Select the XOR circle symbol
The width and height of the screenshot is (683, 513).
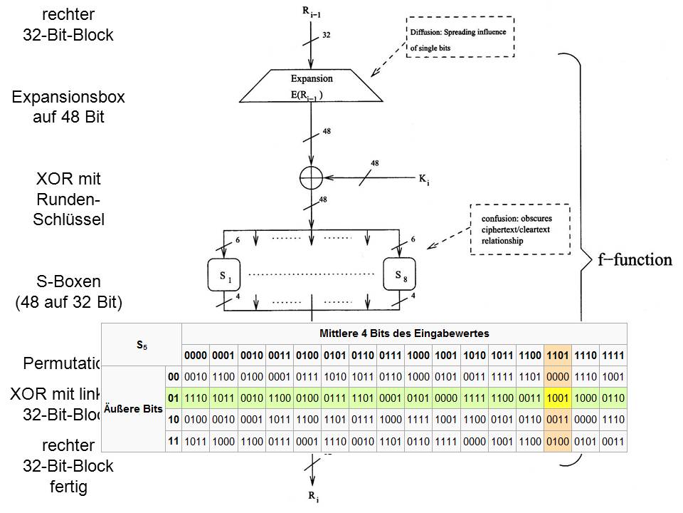coord(311,176)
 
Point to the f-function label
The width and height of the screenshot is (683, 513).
coord(635,260)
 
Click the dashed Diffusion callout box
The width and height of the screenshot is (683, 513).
coord(460,37)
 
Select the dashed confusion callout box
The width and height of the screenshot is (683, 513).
coord(520,229)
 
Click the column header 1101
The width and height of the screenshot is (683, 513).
coord(558,355)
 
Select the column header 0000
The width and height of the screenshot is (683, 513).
coord(196,355)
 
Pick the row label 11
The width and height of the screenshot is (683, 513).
coord(173,441)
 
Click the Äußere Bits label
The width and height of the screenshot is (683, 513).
coord(134,409)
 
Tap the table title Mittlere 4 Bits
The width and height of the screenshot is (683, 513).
coord(405,333)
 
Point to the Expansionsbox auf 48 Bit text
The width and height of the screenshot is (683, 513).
coord(68,107)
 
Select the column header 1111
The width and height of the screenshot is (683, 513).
coord(613,355)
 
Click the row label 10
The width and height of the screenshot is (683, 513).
coord(173,420)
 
